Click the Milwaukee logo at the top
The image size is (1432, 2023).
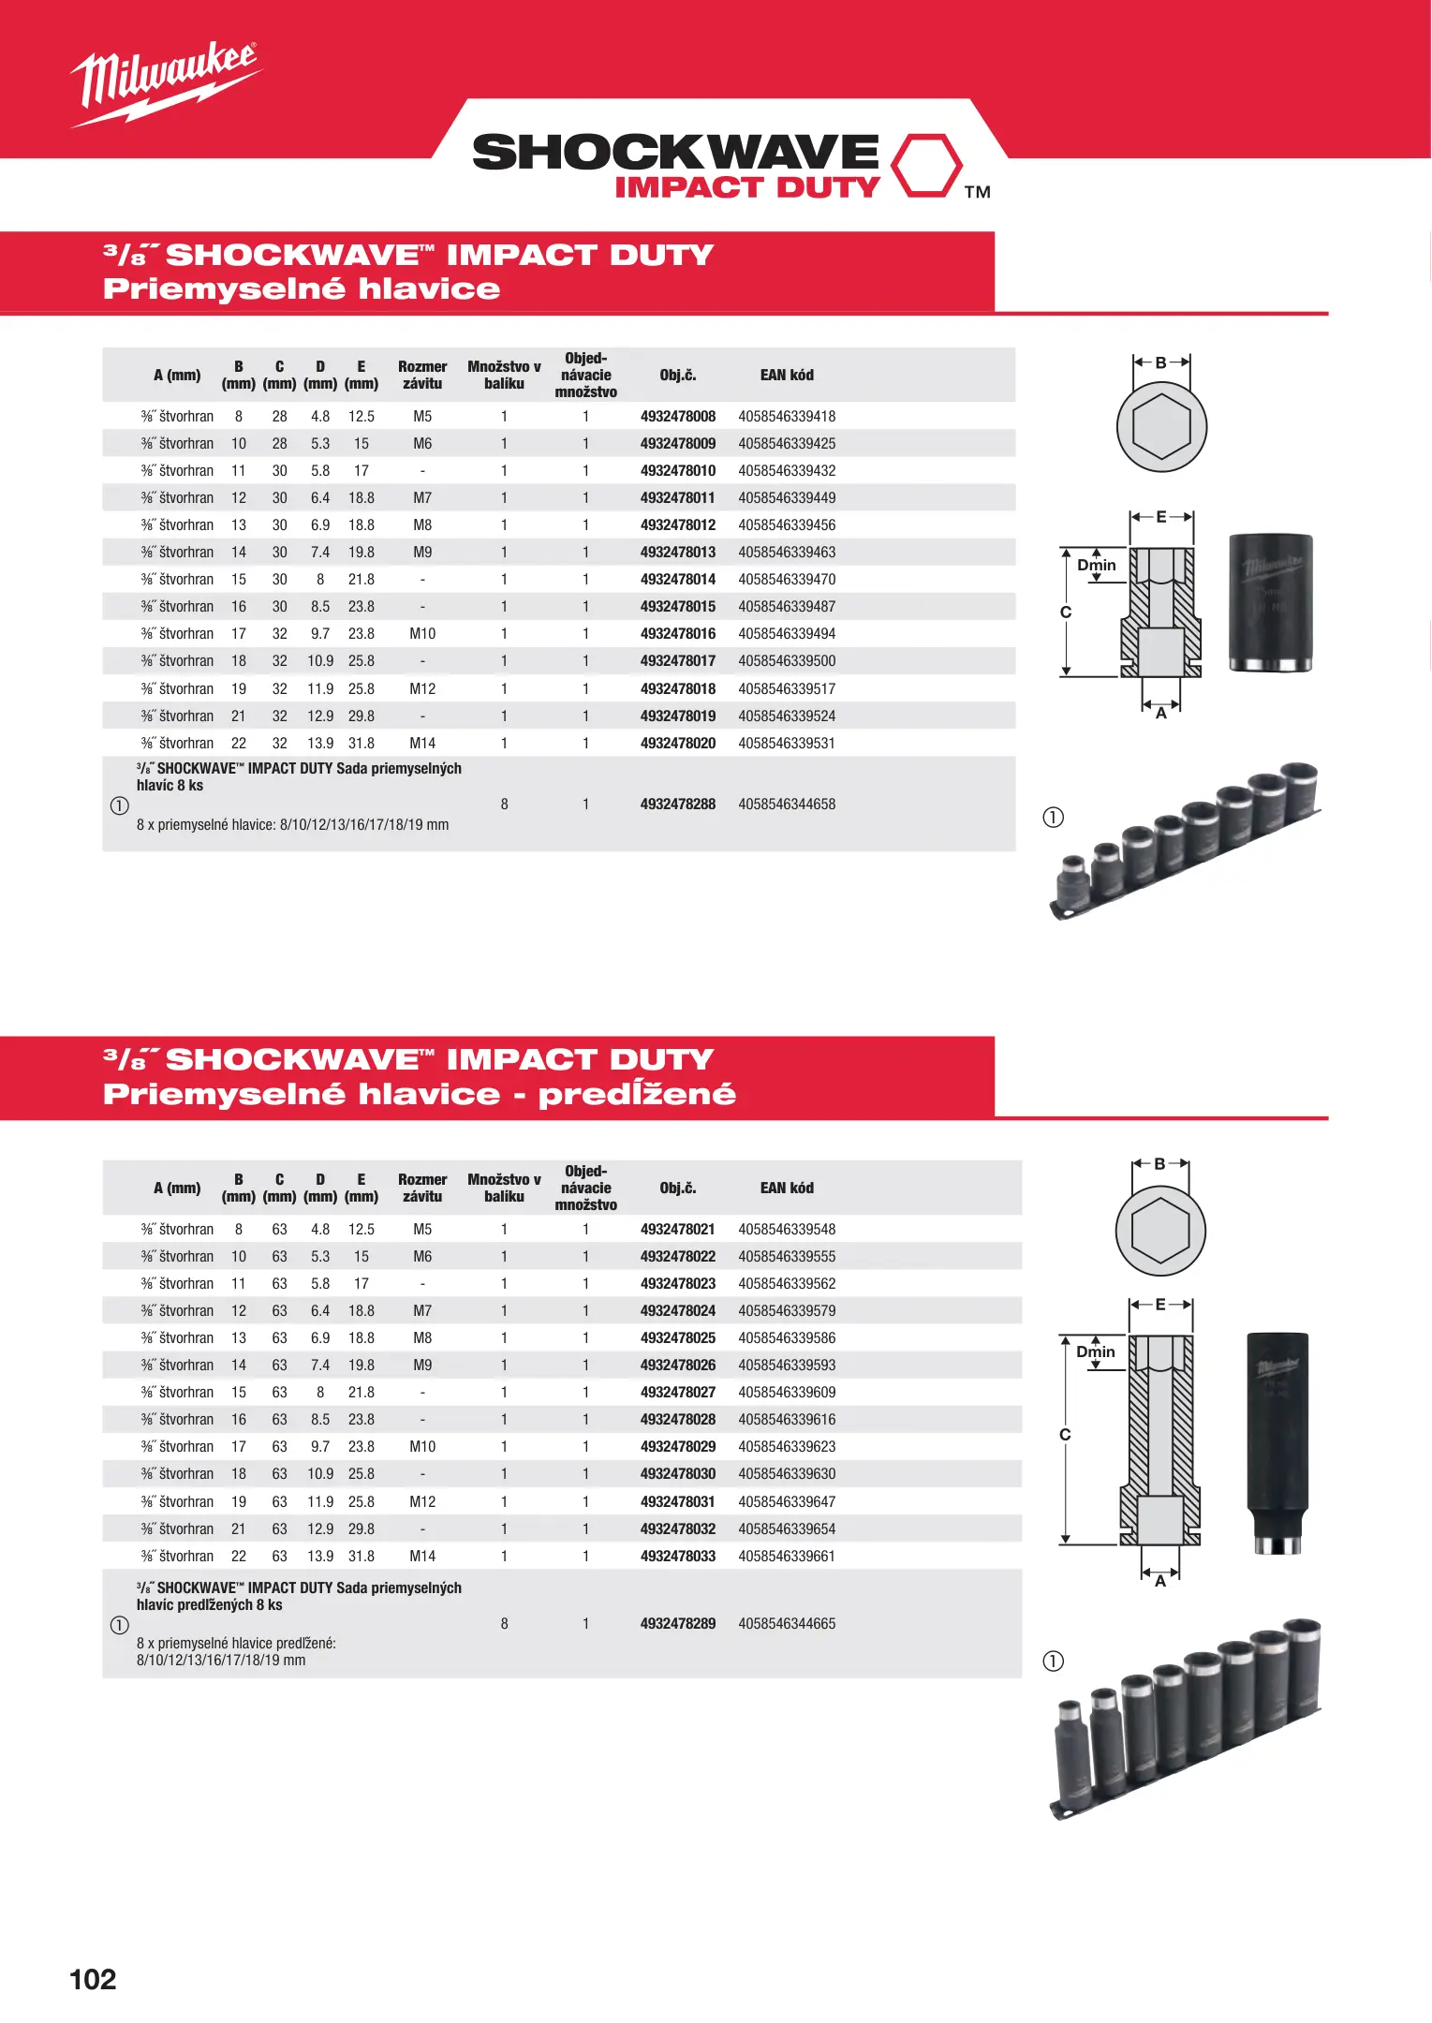pyautogui.click(x=166, y=82)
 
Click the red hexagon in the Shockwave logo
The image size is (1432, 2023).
pyautogui.click(x=925, y=165)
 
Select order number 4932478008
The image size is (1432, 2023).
pyautogui.click(x=677, y=416)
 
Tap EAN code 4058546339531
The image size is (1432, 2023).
pyautogui.click(x=787, y=743)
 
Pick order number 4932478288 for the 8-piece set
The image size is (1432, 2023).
pyautogui.click(x=677, y=804)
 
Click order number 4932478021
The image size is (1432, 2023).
pyautogui.click(x=677, y=1229)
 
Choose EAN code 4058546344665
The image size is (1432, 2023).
pyautogui.click(x=787, y=1623)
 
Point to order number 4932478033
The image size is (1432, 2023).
pyautogui.click(x=677, y=1556)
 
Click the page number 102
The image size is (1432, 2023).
pyautogui.click(x=93, y=1979)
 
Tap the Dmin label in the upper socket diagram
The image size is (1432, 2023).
pyautogui.click(x=1096, y=565)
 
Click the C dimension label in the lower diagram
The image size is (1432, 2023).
pyautogui.click(x=1065, y=1434)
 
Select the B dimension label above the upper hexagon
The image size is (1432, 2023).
pyautogui.click(x=1160, y=362)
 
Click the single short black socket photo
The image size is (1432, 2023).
pyautogui.click(x=1270, y=601)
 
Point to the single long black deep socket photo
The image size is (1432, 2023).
pyautogui.click(x=1277, y=1441)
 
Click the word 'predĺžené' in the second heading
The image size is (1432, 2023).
pyautogui.click(x=637, y=1094)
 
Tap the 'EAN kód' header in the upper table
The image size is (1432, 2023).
pyautogui.click(x=787, y=375)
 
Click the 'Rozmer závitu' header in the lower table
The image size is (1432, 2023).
pyautogui.click(x=422, y=1188)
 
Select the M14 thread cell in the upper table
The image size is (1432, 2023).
pyautogui.click(x=422, y=743)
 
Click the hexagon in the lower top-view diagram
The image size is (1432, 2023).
pyautogui.click(x=1160, y=1231)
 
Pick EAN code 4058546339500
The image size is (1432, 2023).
pyautogui.click(x=787, y=660)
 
